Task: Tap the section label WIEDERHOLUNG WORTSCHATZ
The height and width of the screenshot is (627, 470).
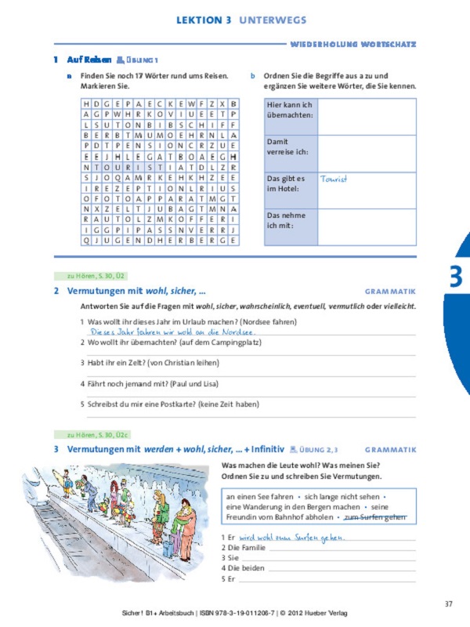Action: click(x=352, y=45)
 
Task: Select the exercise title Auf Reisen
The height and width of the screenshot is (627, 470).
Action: click(x=89, y=60)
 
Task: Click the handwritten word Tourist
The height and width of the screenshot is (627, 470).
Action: click(x=334, y=179)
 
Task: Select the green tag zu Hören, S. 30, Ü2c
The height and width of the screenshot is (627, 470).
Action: click(x=85, y=434)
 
